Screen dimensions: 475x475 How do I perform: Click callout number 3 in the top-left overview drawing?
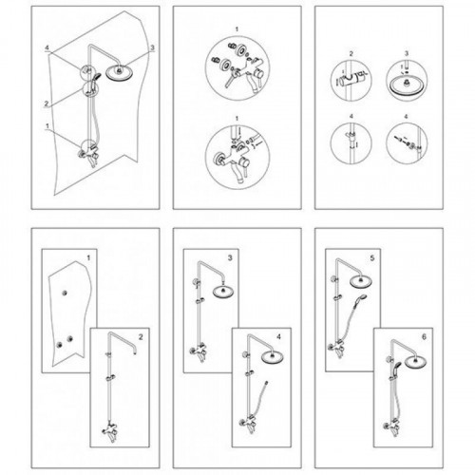click(x=152, y=47)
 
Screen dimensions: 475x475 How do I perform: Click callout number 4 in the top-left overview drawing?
click(x=47, y=47)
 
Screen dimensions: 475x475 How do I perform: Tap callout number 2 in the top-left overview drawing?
click(x=47, y=104)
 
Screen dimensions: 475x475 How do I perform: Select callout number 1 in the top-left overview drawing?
click(x=47, y=126)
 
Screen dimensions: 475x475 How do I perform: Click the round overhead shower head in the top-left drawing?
click(x=119, y=72)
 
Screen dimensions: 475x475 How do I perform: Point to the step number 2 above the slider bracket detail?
click(x=351, y=54)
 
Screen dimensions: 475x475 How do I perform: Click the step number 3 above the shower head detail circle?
click(x=407, y=53)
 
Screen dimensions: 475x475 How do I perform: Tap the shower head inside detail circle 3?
click(x=407, y=85)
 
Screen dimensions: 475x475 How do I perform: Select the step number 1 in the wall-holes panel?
click(x=88, y=258)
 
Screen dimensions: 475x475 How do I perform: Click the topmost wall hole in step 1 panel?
click(x=66, y=293)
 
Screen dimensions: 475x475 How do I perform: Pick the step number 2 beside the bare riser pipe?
click(x=141, y=337)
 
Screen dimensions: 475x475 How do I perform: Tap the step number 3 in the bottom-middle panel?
click(x=230, y=258)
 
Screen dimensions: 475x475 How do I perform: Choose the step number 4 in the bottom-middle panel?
click(x=278, y=337)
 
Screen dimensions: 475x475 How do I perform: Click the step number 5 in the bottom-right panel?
click(x=372, y=258)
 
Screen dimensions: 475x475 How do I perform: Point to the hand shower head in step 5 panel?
click(x=363, y=298)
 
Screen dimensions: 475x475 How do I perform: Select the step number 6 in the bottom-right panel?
click(x=425, y=337)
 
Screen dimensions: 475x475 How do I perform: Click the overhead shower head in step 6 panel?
click(x=416, y=362)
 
